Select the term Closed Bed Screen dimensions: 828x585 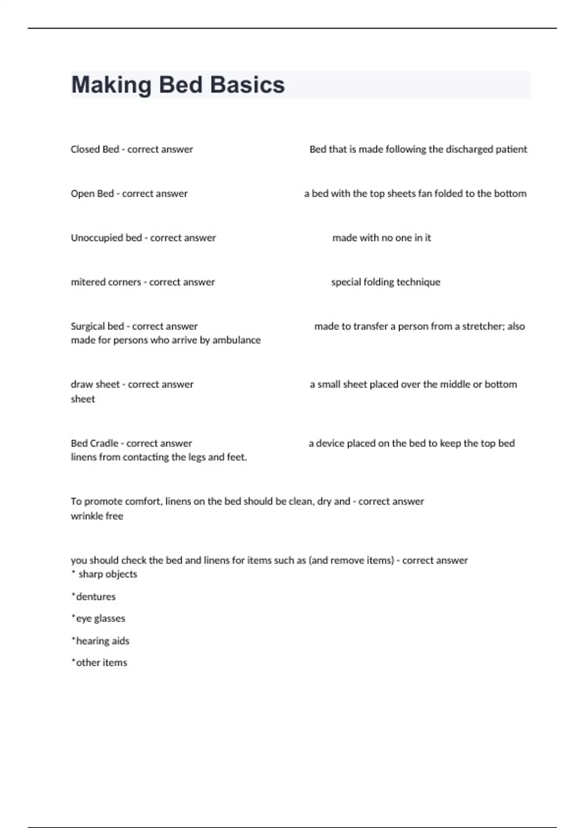coord(95,149)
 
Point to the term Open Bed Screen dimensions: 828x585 coord(92,193)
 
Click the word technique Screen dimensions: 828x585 coord(418,282)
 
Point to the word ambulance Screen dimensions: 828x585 coord(236,340)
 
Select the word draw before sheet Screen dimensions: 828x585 coord(81,384)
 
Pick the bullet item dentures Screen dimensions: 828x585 coord(96,597)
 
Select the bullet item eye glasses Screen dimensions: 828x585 coord(100,619)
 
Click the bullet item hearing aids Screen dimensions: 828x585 coord(102,641)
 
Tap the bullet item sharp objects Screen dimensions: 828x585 coord(107,574)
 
